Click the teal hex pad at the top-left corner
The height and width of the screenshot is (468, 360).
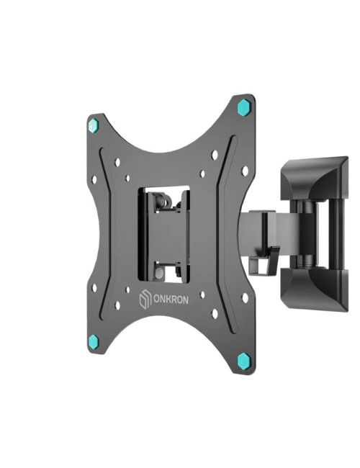(91, 125)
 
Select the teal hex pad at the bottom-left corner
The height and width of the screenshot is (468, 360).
(96, 341)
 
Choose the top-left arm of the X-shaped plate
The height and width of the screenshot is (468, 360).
(108, 144)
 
